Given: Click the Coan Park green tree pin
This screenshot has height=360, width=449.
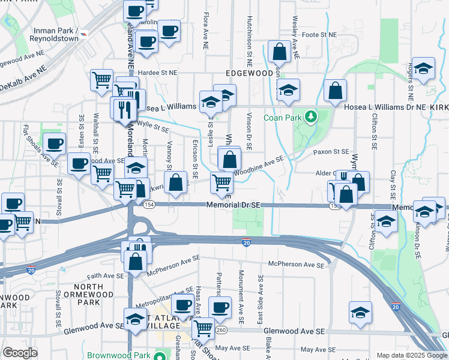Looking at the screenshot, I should (x=311, y=116).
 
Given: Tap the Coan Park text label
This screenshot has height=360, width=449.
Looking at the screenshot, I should (x=283, y=117).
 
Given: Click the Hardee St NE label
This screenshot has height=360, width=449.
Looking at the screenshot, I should (x=158, y=73).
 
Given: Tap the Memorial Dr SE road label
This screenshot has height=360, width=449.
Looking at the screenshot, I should (x=233, y=205).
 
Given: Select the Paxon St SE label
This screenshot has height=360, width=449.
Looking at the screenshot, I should (x=331, y=152).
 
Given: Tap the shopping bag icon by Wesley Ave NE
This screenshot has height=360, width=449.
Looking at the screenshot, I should (x=280, y=52).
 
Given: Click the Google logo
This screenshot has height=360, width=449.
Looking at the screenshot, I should (x=20, y=352).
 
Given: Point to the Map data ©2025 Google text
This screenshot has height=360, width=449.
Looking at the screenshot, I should (x=411, y=355).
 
